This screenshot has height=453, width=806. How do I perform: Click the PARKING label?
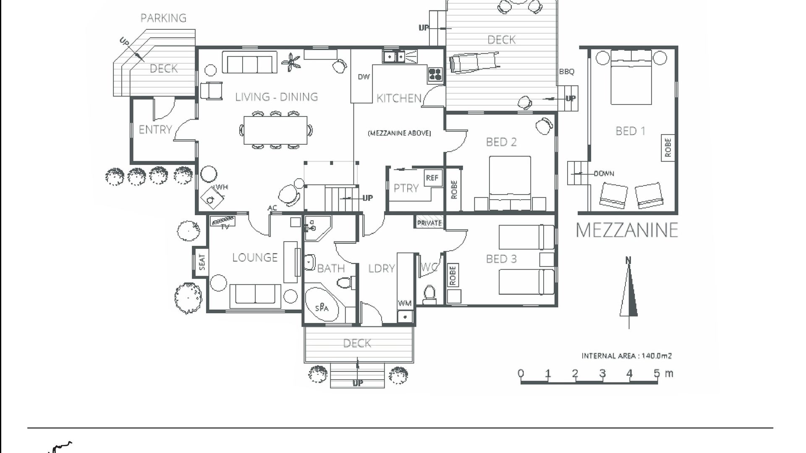pyautogui.click(x=163, y=18)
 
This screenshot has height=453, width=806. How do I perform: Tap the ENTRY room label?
pyautogui.click(x=155, y=130)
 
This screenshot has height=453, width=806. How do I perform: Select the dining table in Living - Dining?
pyautogui.click(x=275, y=130)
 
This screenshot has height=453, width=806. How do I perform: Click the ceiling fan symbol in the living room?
pyautogui.click(x=291, y=62)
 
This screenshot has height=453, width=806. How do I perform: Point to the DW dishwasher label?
pyautogui.click(x=364, y=77)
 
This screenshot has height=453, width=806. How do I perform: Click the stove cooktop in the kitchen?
pyautogui.click(x=435, y=75)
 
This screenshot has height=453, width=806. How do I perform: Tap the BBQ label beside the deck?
pyautogui.click(x=566, y=72)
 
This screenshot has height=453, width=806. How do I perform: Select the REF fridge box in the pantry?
pyautogui.click(x=432, y=178)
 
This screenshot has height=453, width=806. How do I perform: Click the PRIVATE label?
pyautogui.click(x=429, y=223)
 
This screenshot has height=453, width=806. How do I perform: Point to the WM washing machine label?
pyautogui.click(x=405, y=303)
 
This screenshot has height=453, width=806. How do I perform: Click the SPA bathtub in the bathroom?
pyautogui.click(x=322, y=305)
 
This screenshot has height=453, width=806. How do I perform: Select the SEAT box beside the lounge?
pyautogui.click(x=201, y=262)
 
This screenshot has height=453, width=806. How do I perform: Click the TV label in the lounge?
pyautogui.click(x=225, y=227)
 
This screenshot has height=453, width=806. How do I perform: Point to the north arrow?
pyautogui.click(x=628, y=292)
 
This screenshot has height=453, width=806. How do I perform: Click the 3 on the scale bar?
pyautogui.click(x=602, y=373)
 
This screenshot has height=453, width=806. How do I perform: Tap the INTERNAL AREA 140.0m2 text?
pyautogui.click(x=626, y=356)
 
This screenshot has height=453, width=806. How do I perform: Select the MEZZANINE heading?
pyautogui.click(x=627, y=230)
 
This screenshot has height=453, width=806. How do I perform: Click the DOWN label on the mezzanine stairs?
pyautogui.click(x=604, y=174)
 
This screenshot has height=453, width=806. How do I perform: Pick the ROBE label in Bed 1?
pyautogui.click(x=668, y=148)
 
